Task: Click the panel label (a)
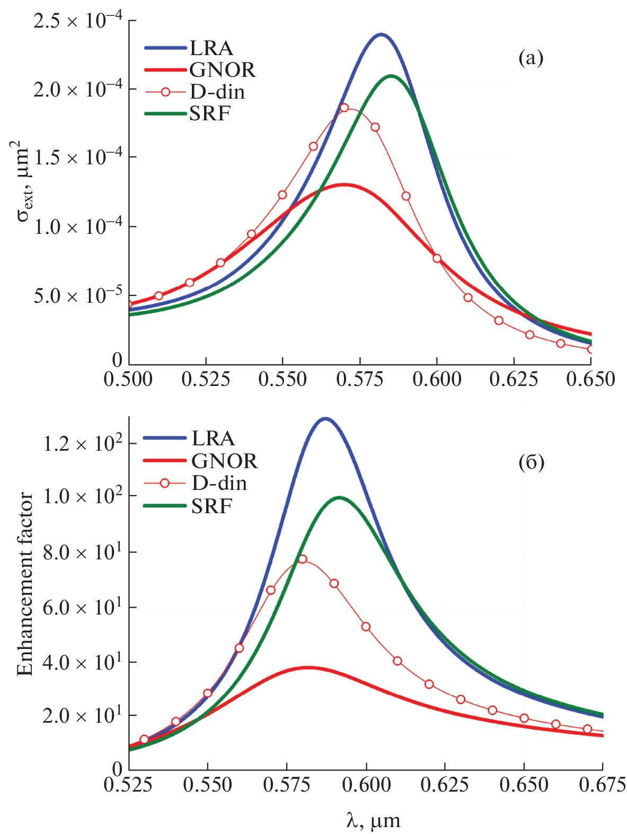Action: [531, 58]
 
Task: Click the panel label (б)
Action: [531, 463]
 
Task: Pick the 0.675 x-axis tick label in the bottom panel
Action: [602, 785]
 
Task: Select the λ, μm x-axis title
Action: [373, 821]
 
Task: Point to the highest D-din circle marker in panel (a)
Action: [344, 108]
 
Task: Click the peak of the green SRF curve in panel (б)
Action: [339, 497]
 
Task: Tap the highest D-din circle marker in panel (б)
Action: [302, 559]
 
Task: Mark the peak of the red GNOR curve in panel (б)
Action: [307, 668]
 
